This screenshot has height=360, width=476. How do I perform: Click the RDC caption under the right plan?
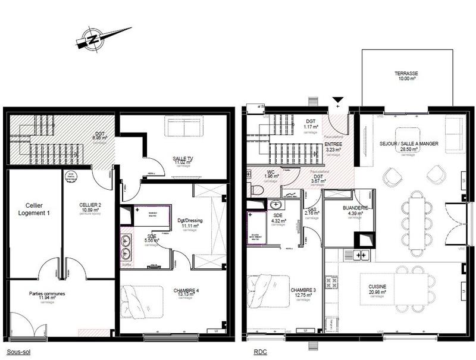260,352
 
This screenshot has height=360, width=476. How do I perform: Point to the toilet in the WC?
257,190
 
